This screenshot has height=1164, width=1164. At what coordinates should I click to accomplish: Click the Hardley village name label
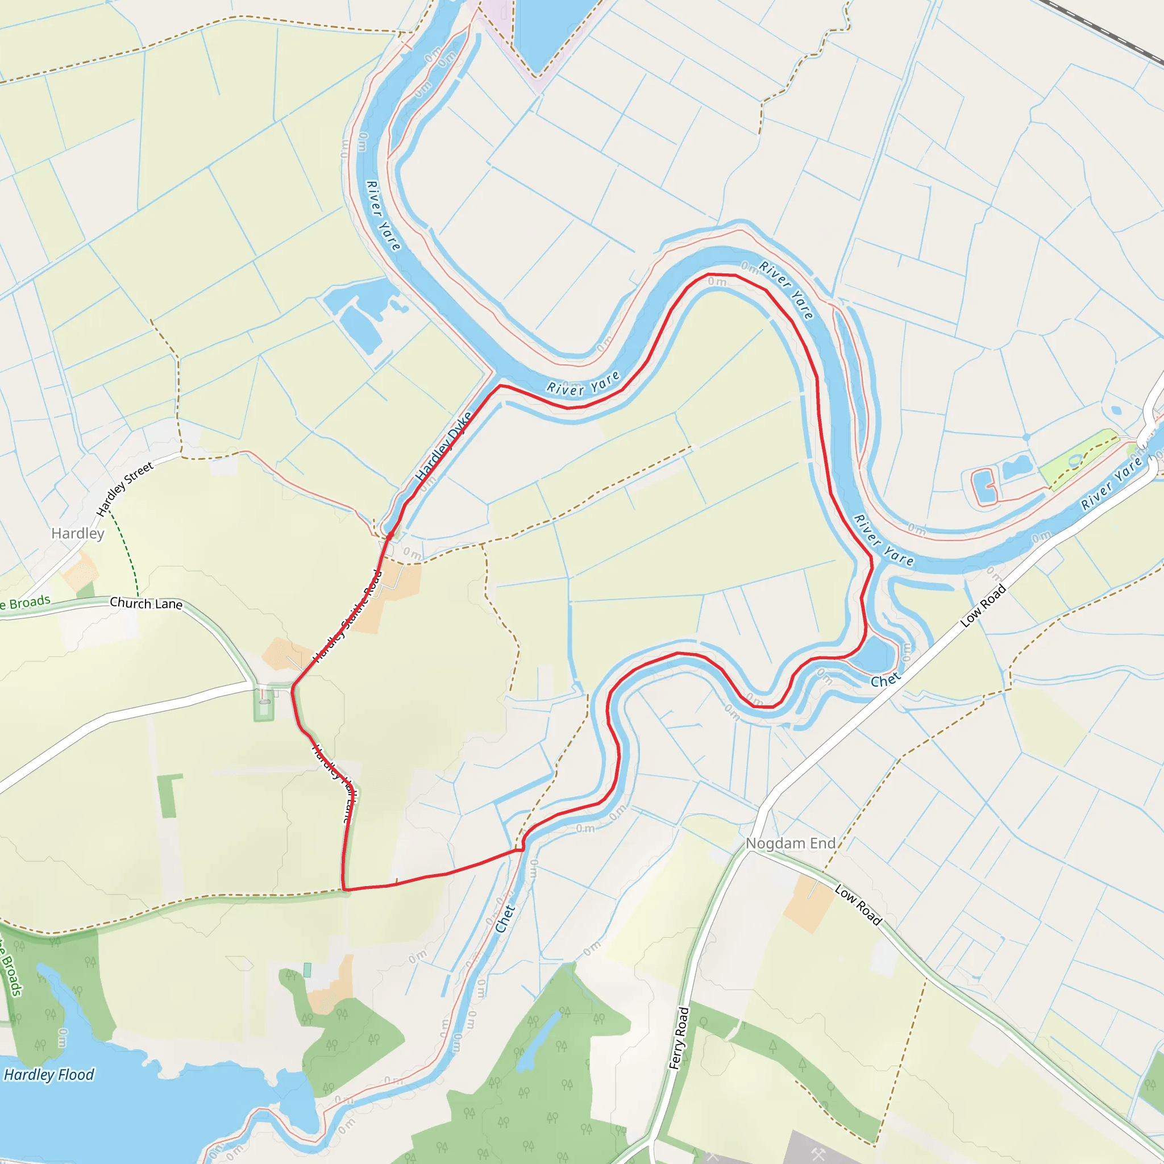click(78, 533)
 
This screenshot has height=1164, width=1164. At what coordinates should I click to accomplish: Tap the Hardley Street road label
click(124, 489)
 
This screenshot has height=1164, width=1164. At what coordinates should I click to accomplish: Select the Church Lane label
click(146, 603)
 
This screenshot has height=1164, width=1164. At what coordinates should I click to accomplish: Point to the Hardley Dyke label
click(443, 446)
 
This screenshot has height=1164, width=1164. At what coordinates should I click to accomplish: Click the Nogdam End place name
click(791, 843)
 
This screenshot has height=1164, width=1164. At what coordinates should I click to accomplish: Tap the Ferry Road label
click(679, 1038)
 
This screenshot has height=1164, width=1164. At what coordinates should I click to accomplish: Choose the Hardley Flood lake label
click(49, 1075)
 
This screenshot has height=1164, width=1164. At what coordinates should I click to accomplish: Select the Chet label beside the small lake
click(885, 681)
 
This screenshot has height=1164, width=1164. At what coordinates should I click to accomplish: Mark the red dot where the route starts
click(390, 535)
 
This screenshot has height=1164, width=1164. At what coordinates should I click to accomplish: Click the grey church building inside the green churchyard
click(264, 701)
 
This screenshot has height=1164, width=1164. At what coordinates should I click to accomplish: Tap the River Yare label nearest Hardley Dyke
click(583, 384)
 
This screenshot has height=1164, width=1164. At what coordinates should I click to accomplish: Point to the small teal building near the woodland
click(307, 970)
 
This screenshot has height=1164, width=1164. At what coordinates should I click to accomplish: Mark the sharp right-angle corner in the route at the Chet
click(523, 850)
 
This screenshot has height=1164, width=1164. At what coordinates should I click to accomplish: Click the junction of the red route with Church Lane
click(292, 686)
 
